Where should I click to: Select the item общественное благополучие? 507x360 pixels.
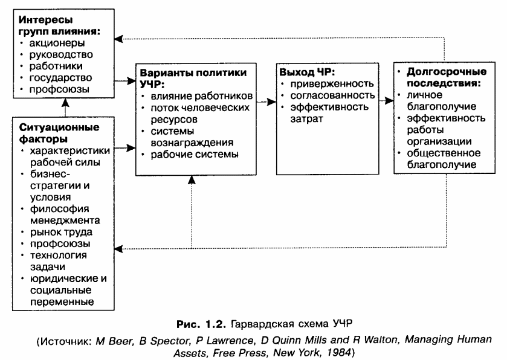442,158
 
